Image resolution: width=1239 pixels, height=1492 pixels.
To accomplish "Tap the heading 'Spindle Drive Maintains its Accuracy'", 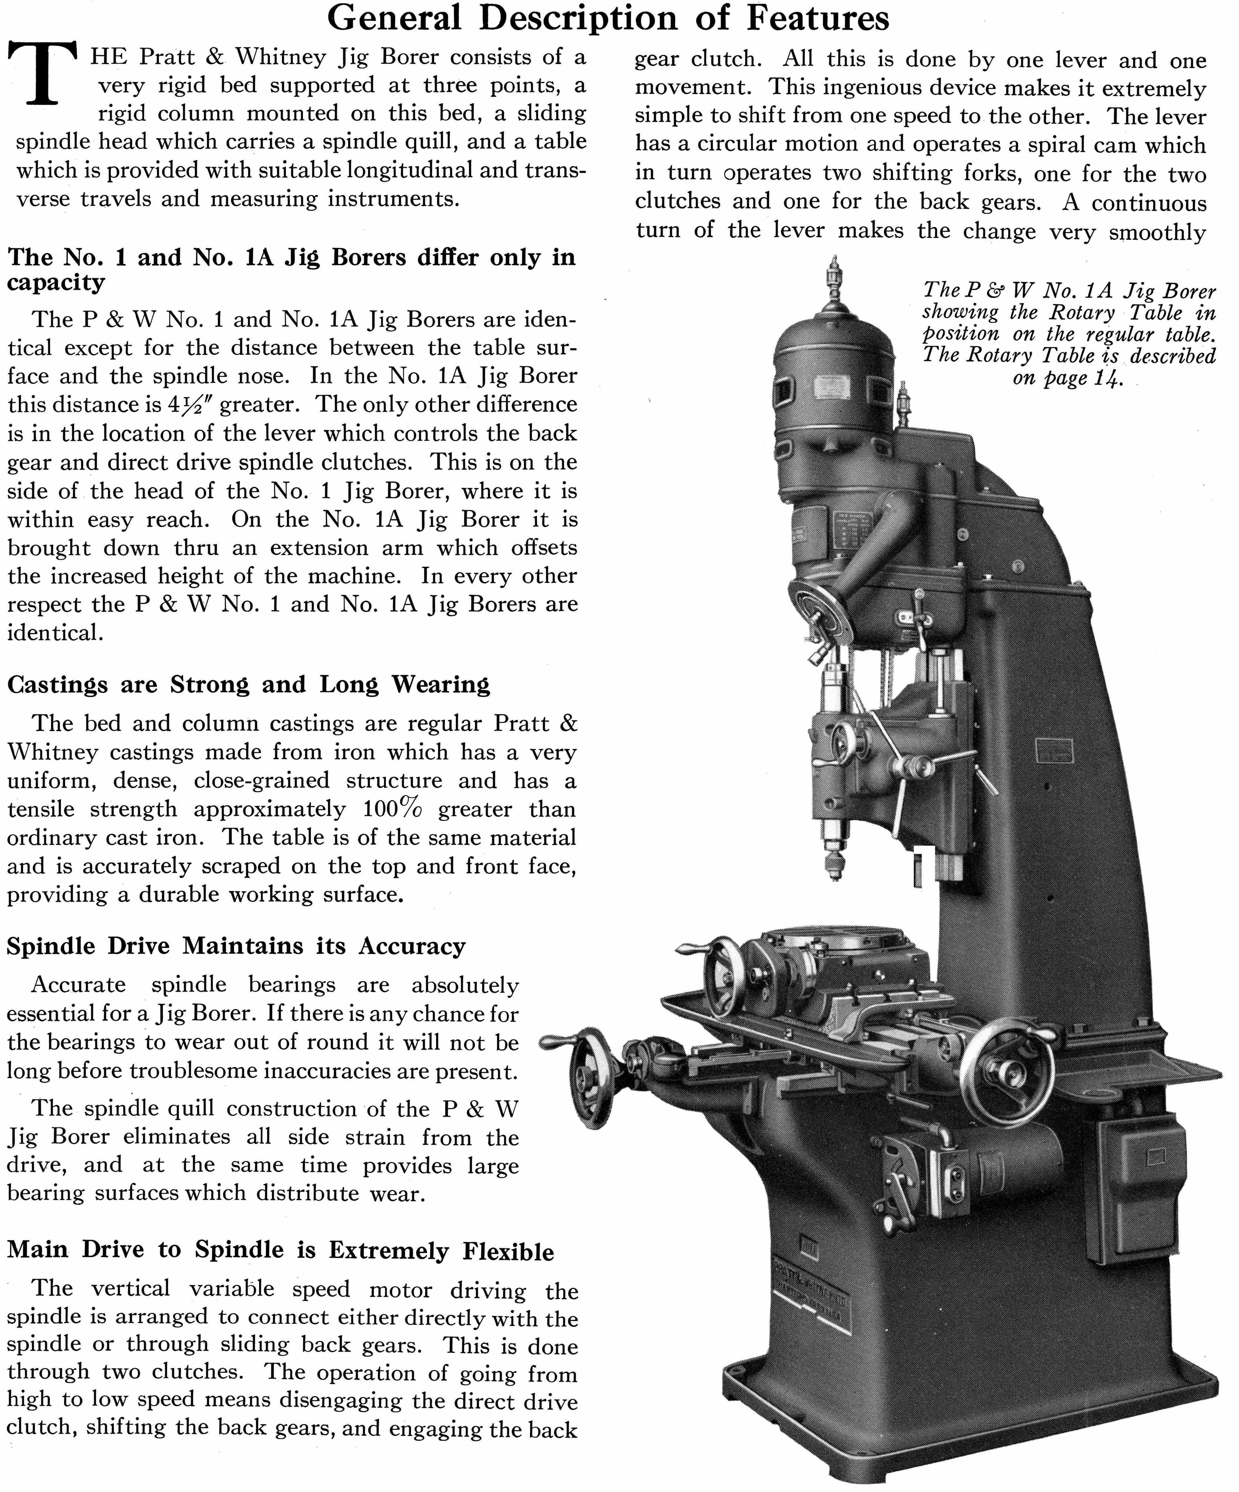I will click(236, 946).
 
